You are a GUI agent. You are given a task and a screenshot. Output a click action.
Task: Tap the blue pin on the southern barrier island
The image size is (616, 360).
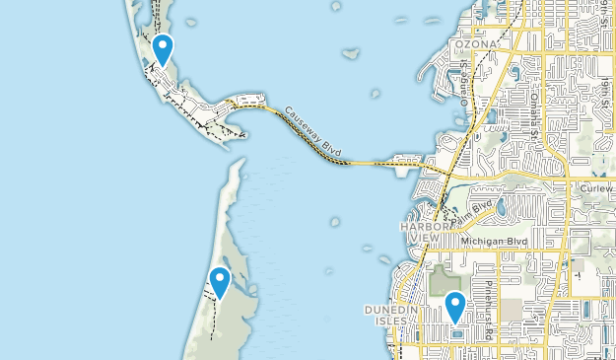[220, 282]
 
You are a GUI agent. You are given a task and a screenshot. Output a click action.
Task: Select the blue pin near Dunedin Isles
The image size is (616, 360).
[454, 306]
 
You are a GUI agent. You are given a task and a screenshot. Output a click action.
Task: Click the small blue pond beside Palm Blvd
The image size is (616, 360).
[501, 209]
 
